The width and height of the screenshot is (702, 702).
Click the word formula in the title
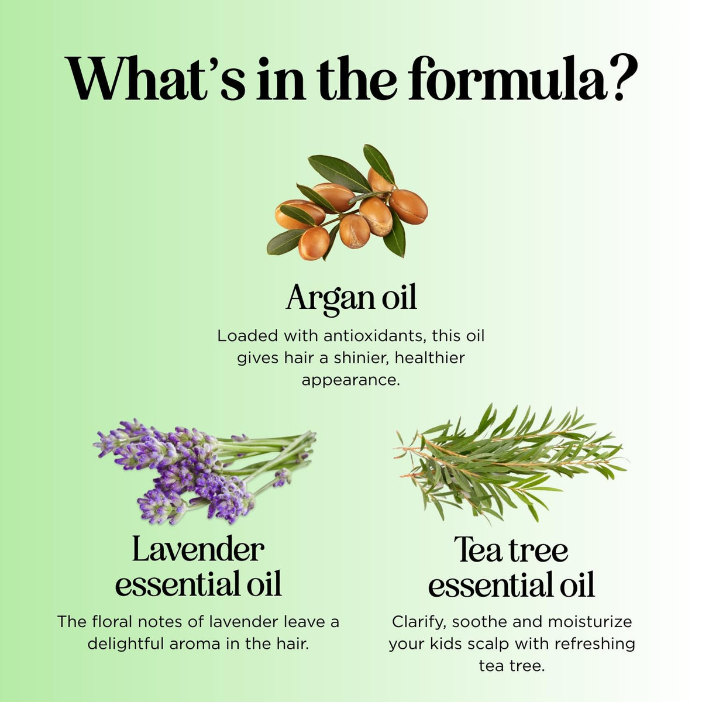click(x=507, y=78)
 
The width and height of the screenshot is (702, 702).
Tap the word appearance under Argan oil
click(x=351, y=380)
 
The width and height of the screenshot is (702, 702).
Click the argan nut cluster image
click(x=347, y=202)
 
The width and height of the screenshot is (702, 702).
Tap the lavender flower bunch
click(x=205, y=472)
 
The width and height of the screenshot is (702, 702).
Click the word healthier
click(x=430, y=358)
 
